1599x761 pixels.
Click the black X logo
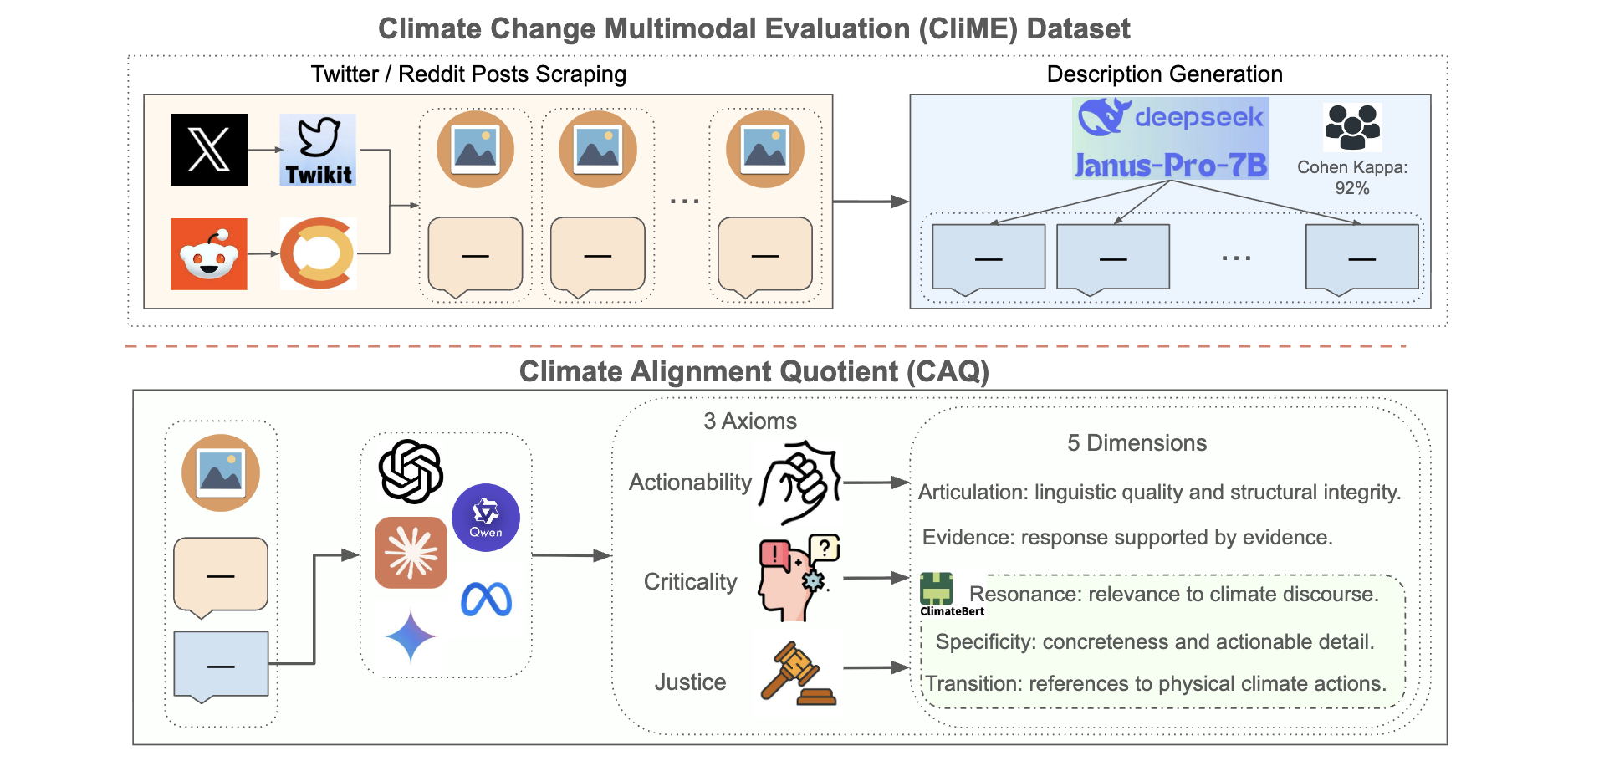(208, 150)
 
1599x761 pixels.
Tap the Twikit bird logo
(318, 149)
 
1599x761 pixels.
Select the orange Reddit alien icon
(208, 254)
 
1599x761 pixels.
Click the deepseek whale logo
(1104, 116)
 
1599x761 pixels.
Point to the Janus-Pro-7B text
(1170, 166)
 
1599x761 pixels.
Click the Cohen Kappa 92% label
(1351, 177)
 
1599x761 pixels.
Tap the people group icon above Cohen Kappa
(1351, 126)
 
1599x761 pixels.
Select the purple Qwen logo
(486, 517)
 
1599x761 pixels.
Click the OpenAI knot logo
(411, 471)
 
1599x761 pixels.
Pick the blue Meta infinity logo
(486, 600)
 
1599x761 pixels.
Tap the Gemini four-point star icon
(410, 636)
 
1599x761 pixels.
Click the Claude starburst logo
(411, 553)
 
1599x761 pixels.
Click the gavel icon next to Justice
(798, 674)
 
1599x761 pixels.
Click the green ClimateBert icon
(937, 589)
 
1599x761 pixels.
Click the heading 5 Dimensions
(1137, 443)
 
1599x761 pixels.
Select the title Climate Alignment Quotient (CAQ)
(754, 371)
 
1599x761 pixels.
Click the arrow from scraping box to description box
(870, 202)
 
